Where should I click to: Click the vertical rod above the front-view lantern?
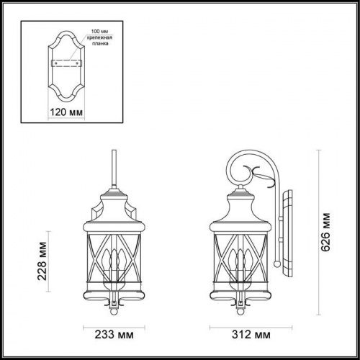click(x=113, y=169)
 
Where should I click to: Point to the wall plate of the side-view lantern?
click(x=289, y=238)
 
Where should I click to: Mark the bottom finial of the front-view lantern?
click(x=113, y=311)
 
